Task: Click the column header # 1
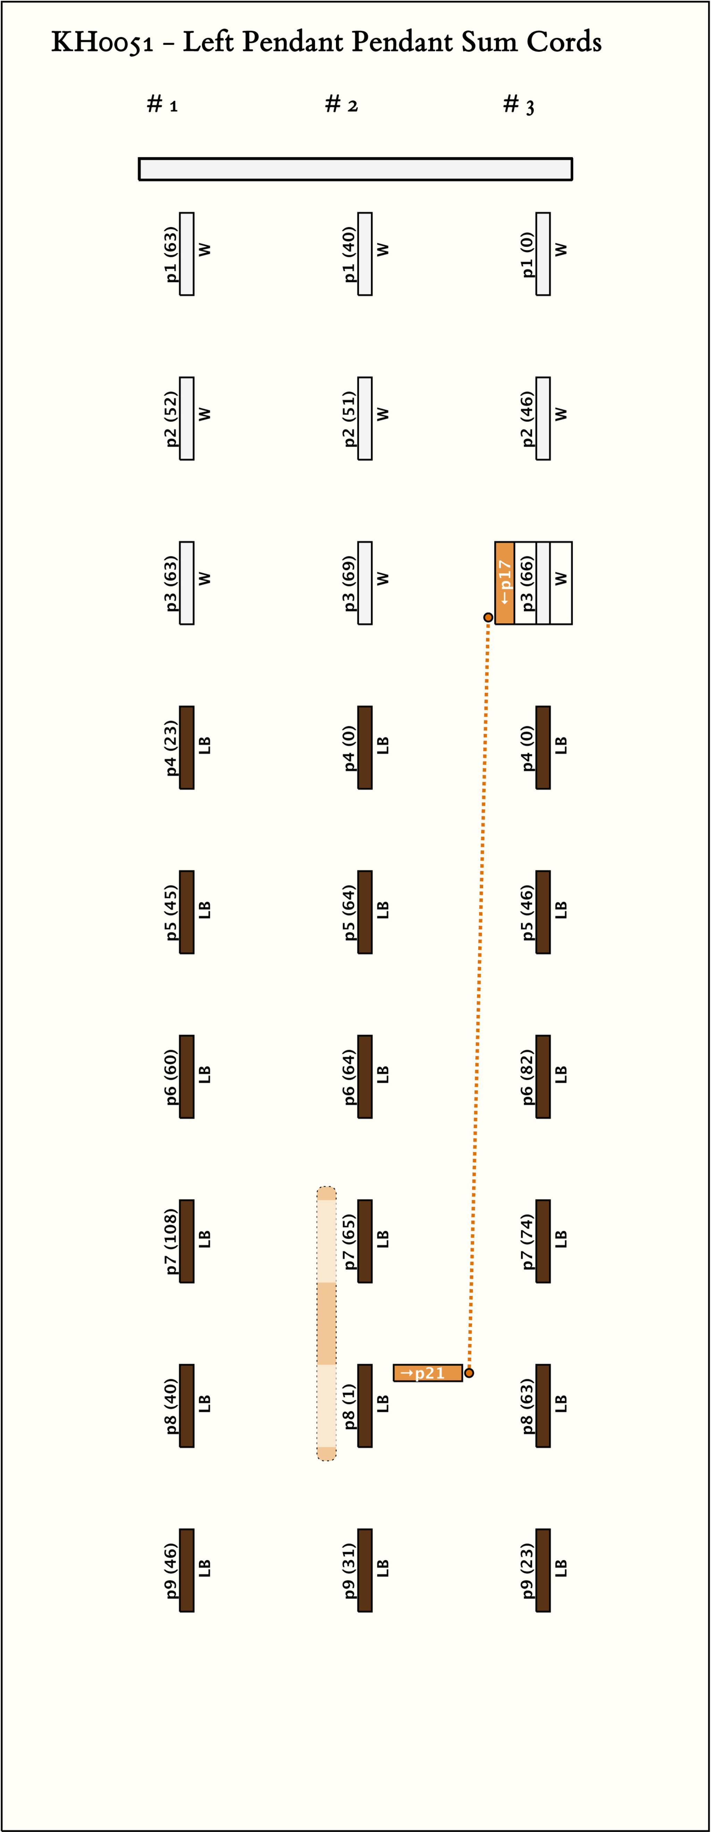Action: click(162, 105)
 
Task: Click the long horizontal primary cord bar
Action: click(355, 169)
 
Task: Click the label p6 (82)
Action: click(527, 1077)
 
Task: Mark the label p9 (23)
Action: click(527, 1570)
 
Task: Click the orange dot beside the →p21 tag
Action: click(469, 1373)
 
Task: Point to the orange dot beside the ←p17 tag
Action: click(488, 617)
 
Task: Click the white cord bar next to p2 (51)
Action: click(365, 418)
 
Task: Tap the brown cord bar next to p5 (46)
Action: click(543, 912)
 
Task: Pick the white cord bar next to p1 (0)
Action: click(543, 254)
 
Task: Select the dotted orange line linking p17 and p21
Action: click(478, 996)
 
